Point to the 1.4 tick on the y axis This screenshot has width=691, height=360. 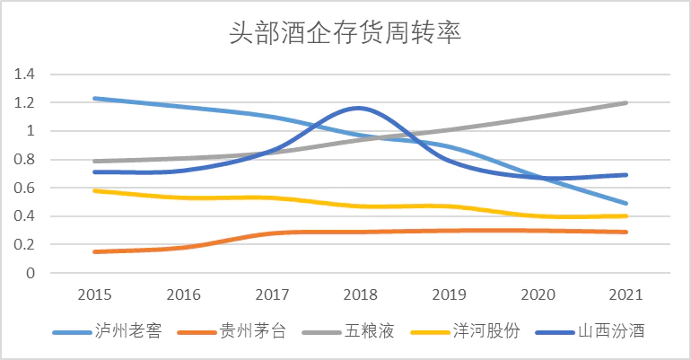tap(24, 75)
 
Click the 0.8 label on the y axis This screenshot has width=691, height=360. tap(24, 160)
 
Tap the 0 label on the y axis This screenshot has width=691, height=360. tap(30, 273)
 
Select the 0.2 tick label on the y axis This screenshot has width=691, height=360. tap(24, 244)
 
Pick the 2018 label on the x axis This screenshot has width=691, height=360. tap(359, 294)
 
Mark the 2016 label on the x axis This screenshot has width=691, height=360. tap(182, 294)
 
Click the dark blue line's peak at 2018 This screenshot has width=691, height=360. tap(359, 108)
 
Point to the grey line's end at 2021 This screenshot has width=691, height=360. tap(625, 102)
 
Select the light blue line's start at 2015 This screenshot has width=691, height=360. tap(94, 98)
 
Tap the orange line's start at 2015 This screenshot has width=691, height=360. tap(94, 251)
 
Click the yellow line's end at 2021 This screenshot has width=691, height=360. tap(625, 215)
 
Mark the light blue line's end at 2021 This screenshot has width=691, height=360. tap(625, 203)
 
